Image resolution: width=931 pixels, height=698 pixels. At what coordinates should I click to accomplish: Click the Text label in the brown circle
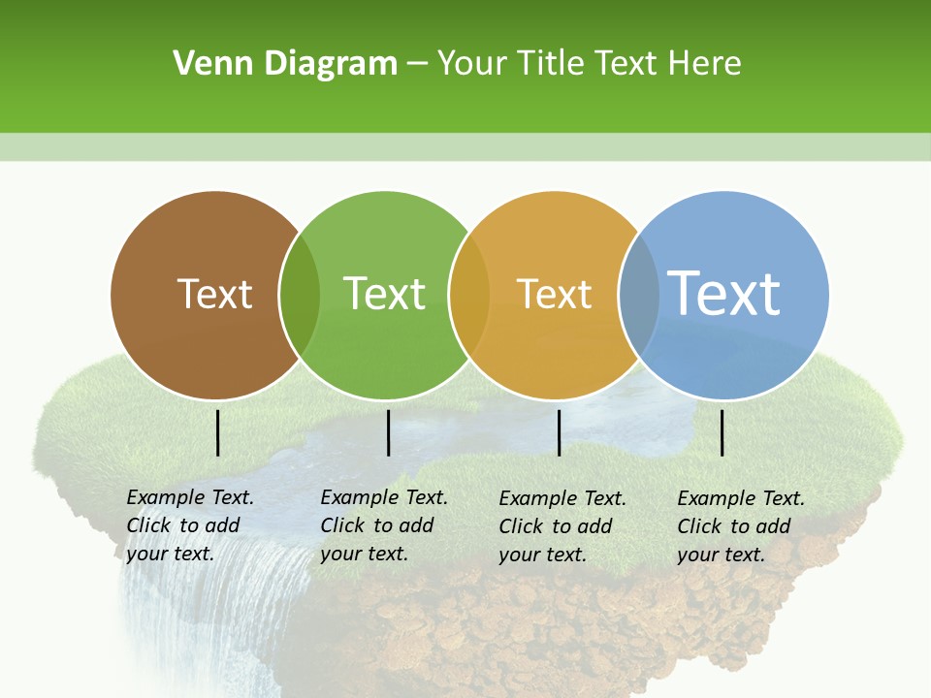214,294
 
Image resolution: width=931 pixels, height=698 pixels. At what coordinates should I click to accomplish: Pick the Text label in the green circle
384,294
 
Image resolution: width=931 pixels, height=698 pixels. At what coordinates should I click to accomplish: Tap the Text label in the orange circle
554,294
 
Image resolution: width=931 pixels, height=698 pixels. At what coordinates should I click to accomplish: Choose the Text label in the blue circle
724,293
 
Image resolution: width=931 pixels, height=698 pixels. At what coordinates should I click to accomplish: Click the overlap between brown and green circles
300,295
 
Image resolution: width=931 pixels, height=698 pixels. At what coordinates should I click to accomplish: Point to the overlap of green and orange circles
469,295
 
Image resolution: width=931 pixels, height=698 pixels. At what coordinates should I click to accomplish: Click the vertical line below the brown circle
218,432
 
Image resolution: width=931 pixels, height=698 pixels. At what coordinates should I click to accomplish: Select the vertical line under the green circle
388,432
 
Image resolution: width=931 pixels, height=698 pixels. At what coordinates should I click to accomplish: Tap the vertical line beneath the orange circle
559,432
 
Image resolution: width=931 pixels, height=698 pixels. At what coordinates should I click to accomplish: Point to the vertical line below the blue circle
722,432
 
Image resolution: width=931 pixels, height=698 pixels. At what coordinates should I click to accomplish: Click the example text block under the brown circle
189,525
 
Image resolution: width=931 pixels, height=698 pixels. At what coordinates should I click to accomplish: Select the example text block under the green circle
383,525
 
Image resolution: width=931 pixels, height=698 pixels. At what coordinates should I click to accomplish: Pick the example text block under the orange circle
562,526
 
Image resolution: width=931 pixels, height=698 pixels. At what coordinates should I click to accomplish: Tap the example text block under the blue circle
740,526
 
